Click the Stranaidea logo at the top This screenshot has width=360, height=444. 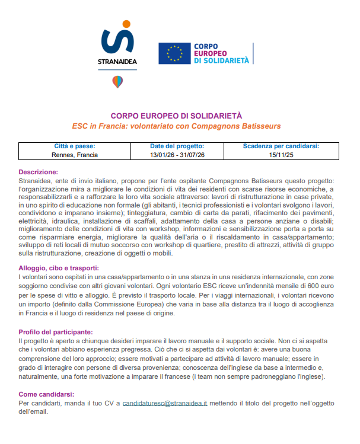point(117,44)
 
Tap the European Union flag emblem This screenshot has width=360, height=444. point(174,53)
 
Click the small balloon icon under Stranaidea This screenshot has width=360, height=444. point(117,82)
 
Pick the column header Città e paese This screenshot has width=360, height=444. point(74,146)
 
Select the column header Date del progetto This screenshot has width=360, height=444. point(177,146)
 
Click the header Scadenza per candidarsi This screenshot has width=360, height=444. point(281,146)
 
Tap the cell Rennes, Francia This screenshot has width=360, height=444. point(75,155)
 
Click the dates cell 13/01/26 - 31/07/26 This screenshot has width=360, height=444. point(177,155)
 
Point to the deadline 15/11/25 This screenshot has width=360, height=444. point(281,155)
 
